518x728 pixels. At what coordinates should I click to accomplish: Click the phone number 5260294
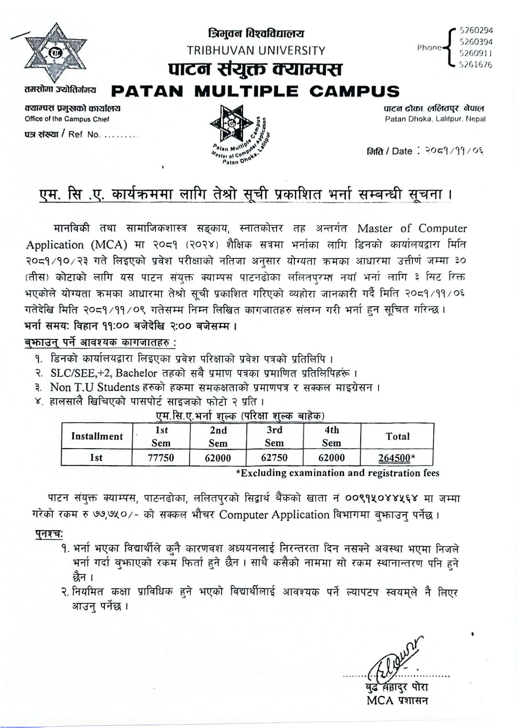(x=476, y=30)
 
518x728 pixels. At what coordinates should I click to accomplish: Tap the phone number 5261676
(x=476, y=65)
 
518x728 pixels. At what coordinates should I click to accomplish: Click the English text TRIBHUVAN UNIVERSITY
(x=256, y=51)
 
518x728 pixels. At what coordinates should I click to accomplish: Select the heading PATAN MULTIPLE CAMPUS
(x=255, y=91)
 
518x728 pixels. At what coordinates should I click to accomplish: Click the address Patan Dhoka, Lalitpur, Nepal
(x=435, y=119)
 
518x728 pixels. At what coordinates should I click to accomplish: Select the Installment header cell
(x=97, y=436)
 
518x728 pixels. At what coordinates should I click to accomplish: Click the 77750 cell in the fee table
(x=161, y=457)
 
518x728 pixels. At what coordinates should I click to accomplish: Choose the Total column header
(x=397, y=436)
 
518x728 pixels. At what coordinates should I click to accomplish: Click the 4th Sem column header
(x=332, y=436)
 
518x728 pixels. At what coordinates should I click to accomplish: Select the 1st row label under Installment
(x=96, y=457)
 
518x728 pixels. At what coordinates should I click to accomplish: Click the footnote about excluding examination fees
(x=337, y=473)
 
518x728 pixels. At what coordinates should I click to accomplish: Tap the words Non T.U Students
(x=95, y=387)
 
